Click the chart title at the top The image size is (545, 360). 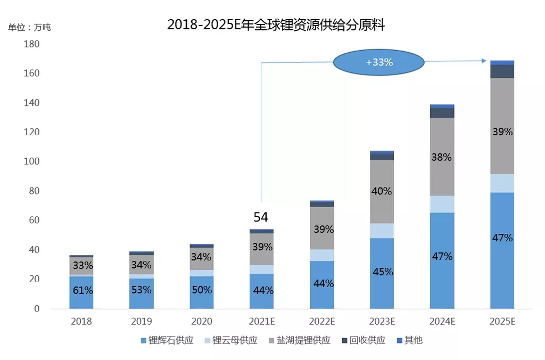point(276,24)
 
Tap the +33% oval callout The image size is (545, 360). point(379,62)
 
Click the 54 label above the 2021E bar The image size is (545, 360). point(260,217)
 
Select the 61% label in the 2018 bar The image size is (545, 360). point(82,290)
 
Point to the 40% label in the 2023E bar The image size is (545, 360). point(382,191)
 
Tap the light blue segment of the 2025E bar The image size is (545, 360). point(502,183)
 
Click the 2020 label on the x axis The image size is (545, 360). point(202,322)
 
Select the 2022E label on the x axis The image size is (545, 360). point(322,322)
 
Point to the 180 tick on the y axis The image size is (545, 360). point(32,44)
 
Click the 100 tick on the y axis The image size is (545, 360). point(32,162)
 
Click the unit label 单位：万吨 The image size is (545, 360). point(29,27)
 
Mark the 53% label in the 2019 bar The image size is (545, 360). point(141,290)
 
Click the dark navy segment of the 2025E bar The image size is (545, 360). point(502,71)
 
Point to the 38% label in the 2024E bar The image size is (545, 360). point(442,158)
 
